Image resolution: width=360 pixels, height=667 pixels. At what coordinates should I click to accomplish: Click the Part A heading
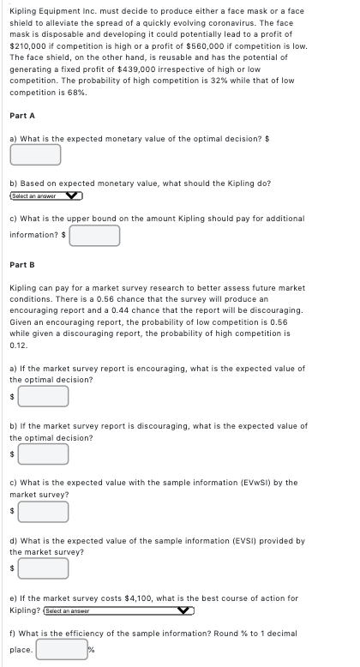pos(21,115)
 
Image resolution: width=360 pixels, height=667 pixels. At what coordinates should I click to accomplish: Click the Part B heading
pos(21,265)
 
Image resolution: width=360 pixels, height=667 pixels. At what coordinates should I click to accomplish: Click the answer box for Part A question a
pos(35,154)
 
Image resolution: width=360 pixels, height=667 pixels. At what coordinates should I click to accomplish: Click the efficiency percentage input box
pos(60,649)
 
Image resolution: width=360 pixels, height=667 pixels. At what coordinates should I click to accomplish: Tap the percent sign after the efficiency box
pos(90,650)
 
